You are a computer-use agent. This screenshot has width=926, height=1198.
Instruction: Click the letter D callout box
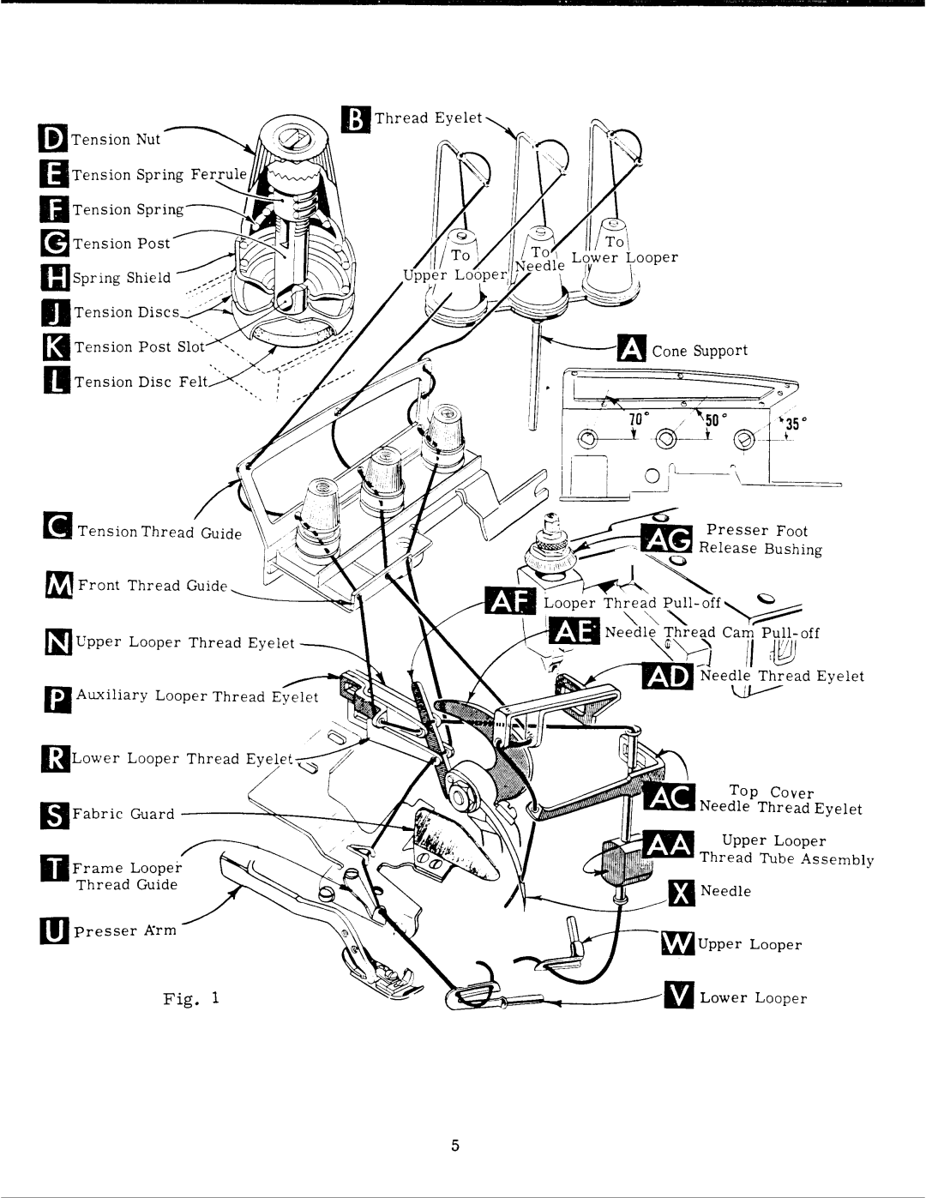[53, 139]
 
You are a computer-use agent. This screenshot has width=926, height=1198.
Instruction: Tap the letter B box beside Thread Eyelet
[356, 119]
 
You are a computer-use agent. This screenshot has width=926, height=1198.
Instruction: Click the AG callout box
[666, 539]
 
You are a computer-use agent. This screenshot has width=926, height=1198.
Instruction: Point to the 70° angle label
[636, 419]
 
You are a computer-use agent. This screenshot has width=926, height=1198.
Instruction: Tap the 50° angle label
[715, 421]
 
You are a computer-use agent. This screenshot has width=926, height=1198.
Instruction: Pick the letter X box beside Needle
[682, 893]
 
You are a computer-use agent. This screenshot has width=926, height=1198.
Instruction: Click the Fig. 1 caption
[190, 998]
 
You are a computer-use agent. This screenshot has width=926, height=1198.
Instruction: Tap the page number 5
[454, 1146]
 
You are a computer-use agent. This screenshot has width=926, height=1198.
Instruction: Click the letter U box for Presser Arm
[54, 930]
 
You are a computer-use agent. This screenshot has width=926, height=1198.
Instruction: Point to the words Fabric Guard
[123, 814]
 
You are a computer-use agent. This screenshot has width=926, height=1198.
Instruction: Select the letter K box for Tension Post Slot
[57, 346]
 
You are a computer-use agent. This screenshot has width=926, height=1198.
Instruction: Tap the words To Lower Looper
[624, 250]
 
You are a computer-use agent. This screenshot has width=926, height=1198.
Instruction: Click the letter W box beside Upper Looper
[677, 944]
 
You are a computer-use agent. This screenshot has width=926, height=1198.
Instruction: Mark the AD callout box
[668, 677]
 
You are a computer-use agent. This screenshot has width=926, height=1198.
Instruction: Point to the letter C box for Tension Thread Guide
[57, 526]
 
